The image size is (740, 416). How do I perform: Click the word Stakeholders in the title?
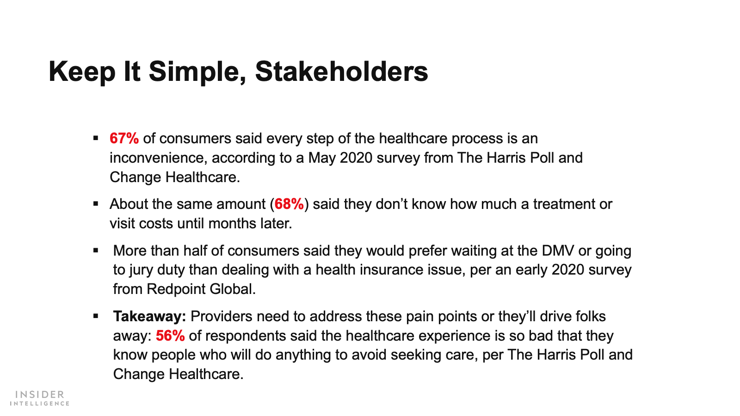pyautogui.click(x=342, y=71)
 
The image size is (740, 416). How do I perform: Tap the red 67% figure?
pyautogui.click(x=124, y=138)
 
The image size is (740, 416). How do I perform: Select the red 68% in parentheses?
pyautogui.click(x=289, y=204)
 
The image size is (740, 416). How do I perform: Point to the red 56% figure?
pyautogui.click(x=170, y=336)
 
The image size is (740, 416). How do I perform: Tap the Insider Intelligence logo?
pyautogui.click(x=40, y=398)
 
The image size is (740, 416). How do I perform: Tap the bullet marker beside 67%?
pyautogui.click(x=96, y=138)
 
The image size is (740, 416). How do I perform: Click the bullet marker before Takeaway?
pyautogui.click(x=96, y=316)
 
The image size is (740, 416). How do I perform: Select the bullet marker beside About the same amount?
pyautogui.click(x=96, y=204)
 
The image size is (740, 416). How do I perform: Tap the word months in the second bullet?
pyautogui.click(x=232, y=224)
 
